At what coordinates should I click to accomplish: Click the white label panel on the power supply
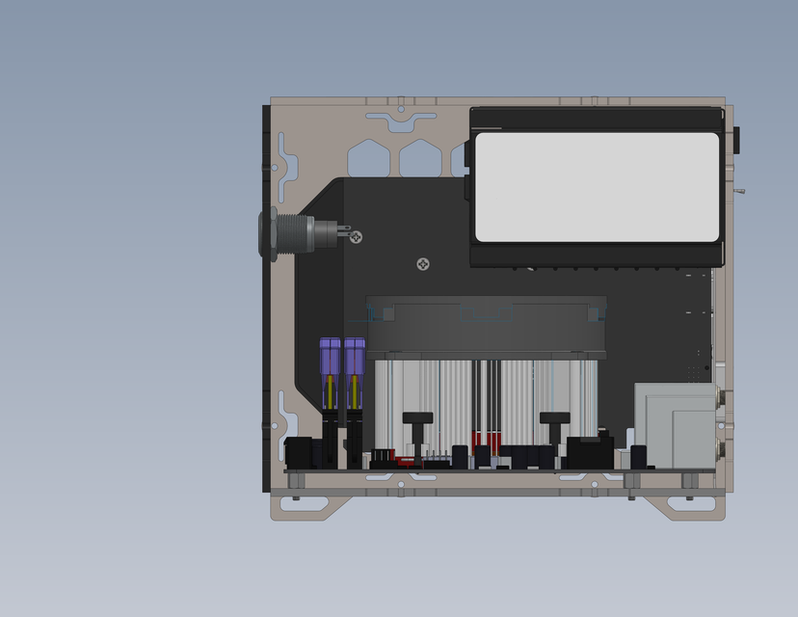click(x=597, y=187)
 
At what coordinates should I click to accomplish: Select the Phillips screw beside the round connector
click(x=356, y=236)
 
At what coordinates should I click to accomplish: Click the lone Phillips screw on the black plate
click(x=422, y=264)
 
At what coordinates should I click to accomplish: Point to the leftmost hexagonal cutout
click(x=369, y=158)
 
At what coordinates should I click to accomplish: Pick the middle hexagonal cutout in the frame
click(x=420, y=158)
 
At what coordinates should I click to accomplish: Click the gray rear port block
click(x=673, y=424)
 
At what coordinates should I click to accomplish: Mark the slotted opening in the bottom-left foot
click(x=306, y=504)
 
